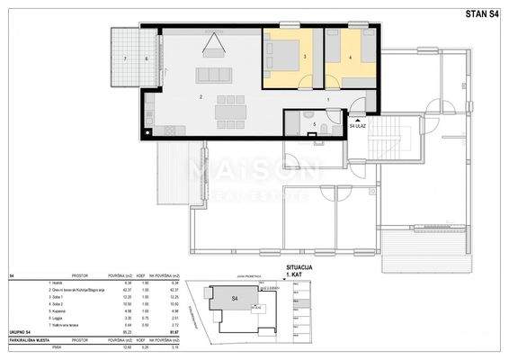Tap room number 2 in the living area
[x=202, y=95]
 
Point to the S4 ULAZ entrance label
[x=358, y=126]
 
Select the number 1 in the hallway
[x=328, y=98]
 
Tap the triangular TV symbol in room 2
[x=213, y=42]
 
